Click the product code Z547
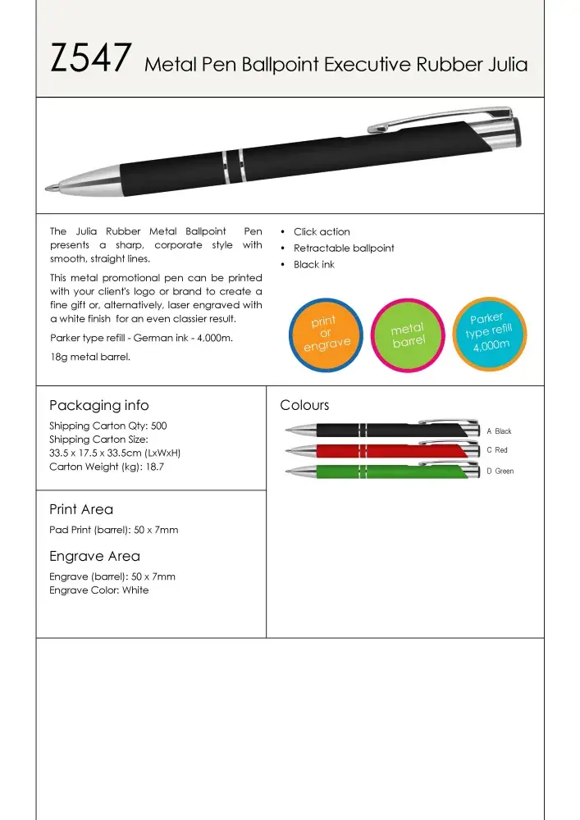(x=90, y=60)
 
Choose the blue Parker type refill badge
(x=490, y=333)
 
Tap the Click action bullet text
(x=322, y=232)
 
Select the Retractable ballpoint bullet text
(x=344, y=248)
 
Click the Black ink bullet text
(x=314, y=265)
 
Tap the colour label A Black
(x=499, y=431)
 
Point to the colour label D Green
(x=500, y=471)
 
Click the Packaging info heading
(x=99, y=405)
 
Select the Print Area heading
(x=81, y=509)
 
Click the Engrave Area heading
(x=94, y=556)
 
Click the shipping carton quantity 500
(x=158, y=426)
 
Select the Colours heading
(x=304, y=405)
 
